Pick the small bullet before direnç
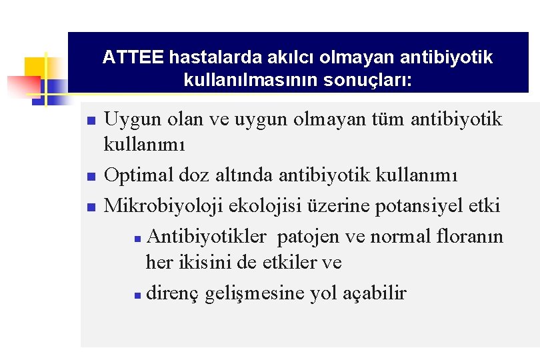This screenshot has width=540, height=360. tap(136, 294)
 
